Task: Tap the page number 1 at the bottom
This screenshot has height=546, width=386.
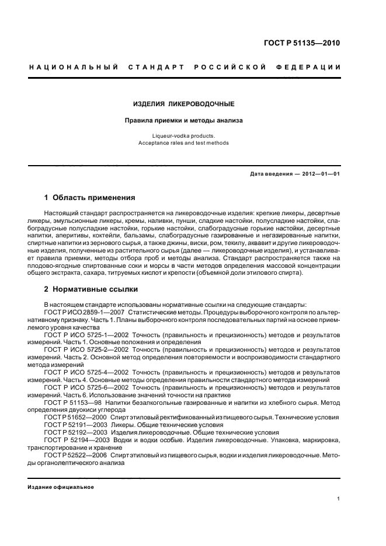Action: [339, 499]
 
